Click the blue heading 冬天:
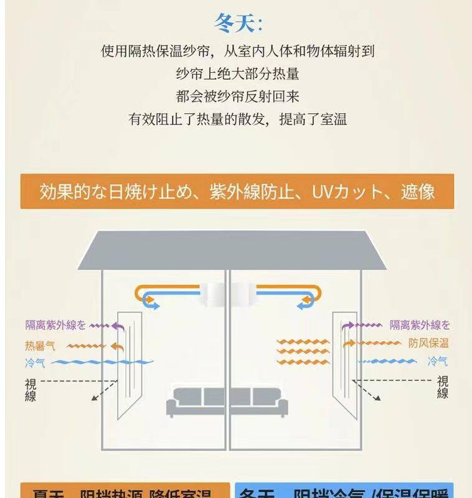pos(238,24)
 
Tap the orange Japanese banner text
pos(237,191)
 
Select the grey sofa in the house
pos(227,401)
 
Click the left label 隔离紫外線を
pos(55,325)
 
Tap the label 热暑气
pos(40,345)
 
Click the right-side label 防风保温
pos(428,343)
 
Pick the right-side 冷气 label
pos(437,361)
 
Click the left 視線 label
pos(31,389)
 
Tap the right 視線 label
pos(442,387)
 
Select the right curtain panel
pos(344,355)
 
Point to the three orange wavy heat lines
pos(303,352)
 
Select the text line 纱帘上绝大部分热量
pos(237,74)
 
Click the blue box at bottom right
pos(344,491)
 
